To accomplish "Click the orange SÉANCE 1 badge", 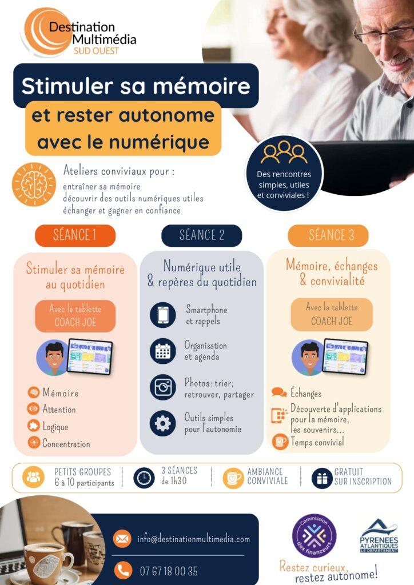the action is point(75,235).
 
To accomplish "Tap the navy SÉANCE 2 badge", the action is point(202,235).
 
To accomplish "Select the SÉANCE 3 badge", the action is point(328,235).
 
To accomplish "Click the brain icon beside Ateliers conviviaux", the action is point(34,185).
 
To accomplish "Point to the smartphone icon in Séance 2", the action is point(163,315).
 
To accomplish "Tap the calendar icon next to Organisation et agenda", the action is point(163,351).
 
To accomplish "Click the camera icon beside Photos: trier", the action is point(163,387).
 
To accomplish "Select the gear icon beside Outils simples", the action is point(163,423).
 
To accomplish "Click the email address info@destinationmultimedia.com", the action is point(193,539).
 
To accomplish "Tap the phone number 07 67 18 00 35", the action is point(169,571).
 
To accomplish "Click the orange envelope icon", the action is point(122,539).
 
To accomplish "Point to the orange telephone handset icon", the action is point(122,570).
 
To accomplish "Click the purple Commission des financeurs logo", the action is point(315,536).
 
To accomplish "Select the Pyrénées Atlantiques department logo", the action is point(379,535).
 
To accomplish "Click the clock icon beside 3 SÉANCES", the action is point(144,478).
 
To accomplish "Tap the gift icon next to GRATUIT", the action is point(322,478).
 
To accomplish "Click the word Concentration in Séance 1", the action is point(66,443).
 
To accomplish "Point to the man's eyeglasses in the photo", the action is point(384,35).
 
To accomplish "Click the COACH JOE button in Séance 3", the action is point(332,315).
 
